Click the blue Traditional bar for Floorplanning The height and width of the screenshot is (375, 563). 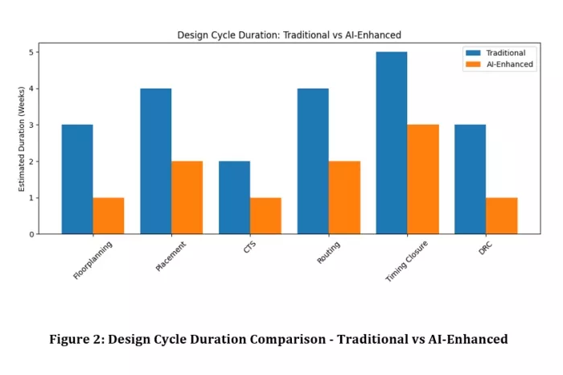coord(77,179)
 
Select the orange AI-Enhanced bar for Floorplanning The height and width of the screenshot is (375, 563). coord(109,216)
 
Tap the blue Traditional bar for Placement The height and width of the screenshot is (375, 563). coord(156,161)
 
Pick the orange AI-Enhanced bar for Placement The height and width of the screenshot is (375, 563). coord(187,197)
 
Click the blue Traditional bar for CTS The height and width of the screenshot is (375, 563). coord(235,197)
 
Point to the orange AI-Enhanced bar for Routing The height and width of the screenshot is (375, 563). coord(344,197)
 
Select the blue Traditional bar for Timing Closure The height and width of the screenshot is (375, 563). coord(392,143)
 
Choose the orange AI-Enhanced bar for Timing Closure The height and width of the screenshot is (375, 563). coord(423,179)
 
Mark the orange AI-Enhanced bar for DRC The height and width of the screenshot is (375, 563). coord(502,216)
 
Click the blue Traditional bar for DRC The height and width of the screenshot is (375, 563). coord(471,179)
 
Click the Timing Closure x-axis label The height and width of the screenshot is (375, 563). coord(406,261)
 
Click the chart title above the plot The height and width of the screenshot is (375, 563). coord(289,35)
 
